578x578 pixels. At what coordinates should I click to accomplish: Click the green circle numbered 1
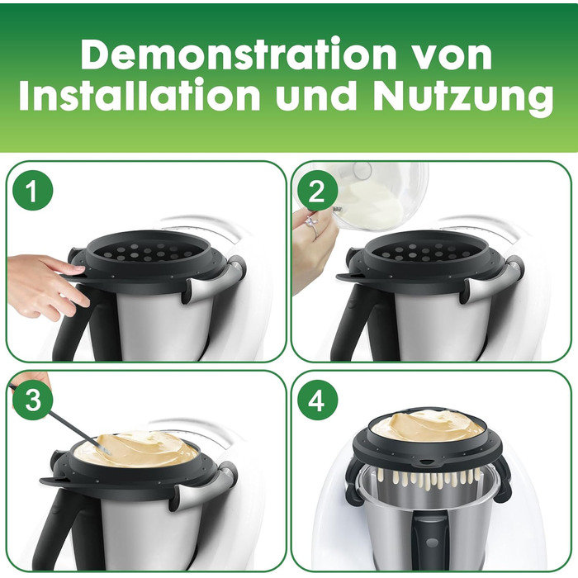pos(32,192)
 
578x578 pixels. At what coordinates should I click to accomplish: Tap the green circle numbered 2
pos(317,192)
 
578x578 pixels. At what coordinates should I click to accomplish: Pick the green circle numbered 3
pos(32,400)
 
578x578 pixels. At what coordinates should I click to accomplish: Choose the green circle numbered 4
pos(317,400)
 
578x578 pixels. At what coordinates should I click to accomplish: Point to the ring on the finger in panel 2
pos(310,224)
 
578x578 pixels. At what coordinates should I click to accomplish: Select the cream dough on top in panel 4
pos(428,424)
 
